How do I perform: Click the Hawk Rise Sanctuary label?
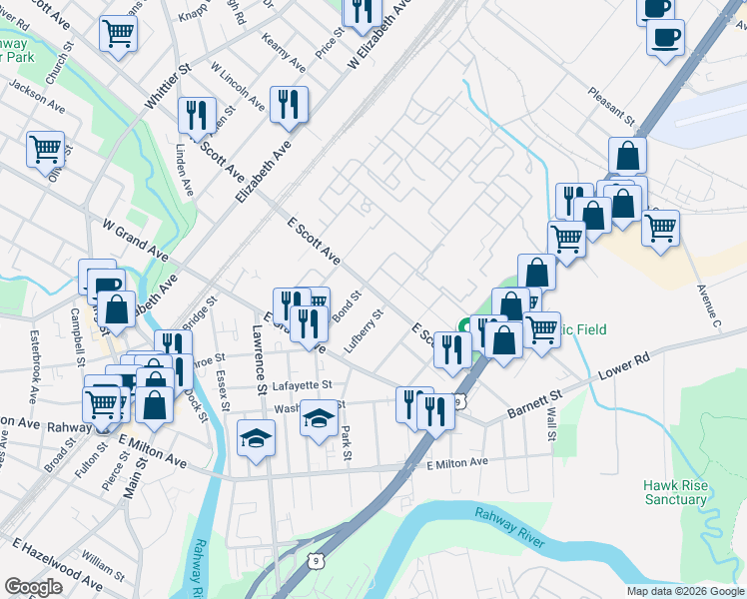pos(675,491)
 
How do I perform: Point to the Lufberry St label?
pos(364,330)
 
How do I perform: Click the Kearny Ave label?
pos(284,52)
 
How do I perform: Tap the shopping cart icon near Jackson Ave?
pos(46,150)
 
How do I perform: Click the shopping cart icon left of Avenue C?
pos(660,227)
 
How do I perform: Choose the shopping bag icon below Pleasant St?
pos(627,155)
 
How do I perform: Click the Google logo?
pos(33,587)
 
